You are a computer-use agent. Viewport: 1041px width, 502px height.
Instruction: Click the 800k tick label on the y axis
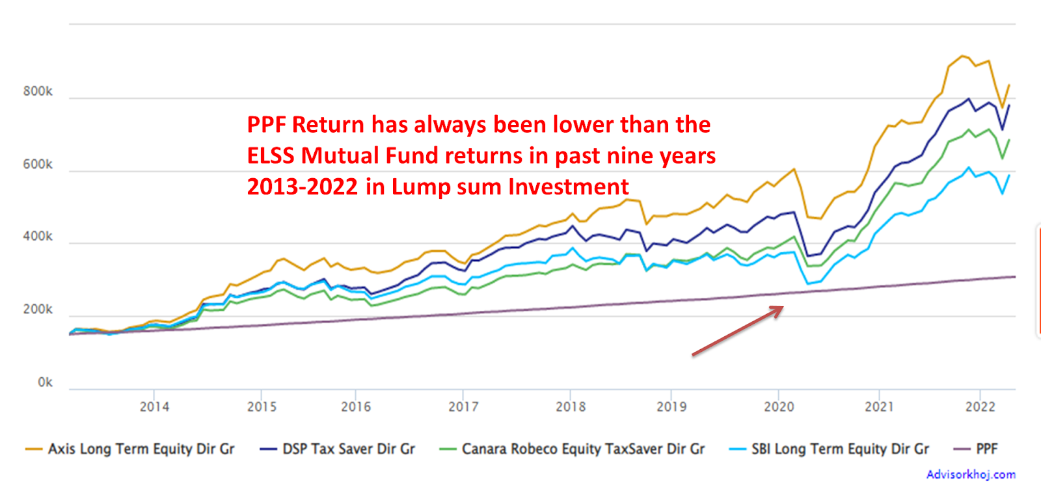[38, 92]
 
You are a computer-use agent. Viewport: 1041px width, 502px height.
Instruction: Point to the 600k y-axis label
[38, 165]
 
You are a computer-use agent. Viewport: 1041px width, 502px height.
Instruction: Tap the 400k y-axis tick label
[38, 237]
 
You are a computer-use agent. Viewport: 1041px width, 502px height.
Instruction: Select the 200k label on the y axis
[38, 310]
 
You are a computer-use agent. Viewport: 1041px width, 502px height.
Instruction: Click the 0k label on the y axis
[45, 382]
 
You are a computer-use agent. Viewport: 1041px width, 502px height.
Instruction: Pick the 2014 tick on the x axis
[154, 407]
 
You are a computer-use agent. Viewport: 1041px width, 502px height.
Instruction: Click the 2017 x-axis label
[463, 407]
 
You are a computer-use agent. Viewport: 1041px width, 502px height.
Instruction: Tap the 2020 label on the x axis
[779, 407]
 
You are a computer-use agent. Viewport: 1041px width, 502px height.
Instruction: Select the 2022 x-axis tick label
[980, 407]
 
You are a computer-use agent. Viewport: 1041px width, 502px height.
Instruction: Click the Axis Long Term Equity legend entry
[141, 449]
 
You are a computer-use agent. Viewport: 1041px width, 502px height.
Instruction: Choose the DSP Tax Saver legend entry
[348, 449]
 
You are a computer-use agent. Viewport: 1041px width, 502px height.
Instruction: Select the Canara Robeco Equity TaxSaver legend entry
[583, 449]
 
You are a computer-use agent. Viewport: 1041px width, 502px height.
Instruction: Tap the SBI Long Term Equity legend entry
[840, 449]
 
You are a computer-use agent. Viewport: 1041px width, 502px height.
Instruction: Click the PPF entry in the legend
[986, 449]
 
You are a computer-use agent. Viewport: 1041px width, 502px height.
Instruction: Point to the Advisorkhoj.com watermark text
[971, 475]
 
